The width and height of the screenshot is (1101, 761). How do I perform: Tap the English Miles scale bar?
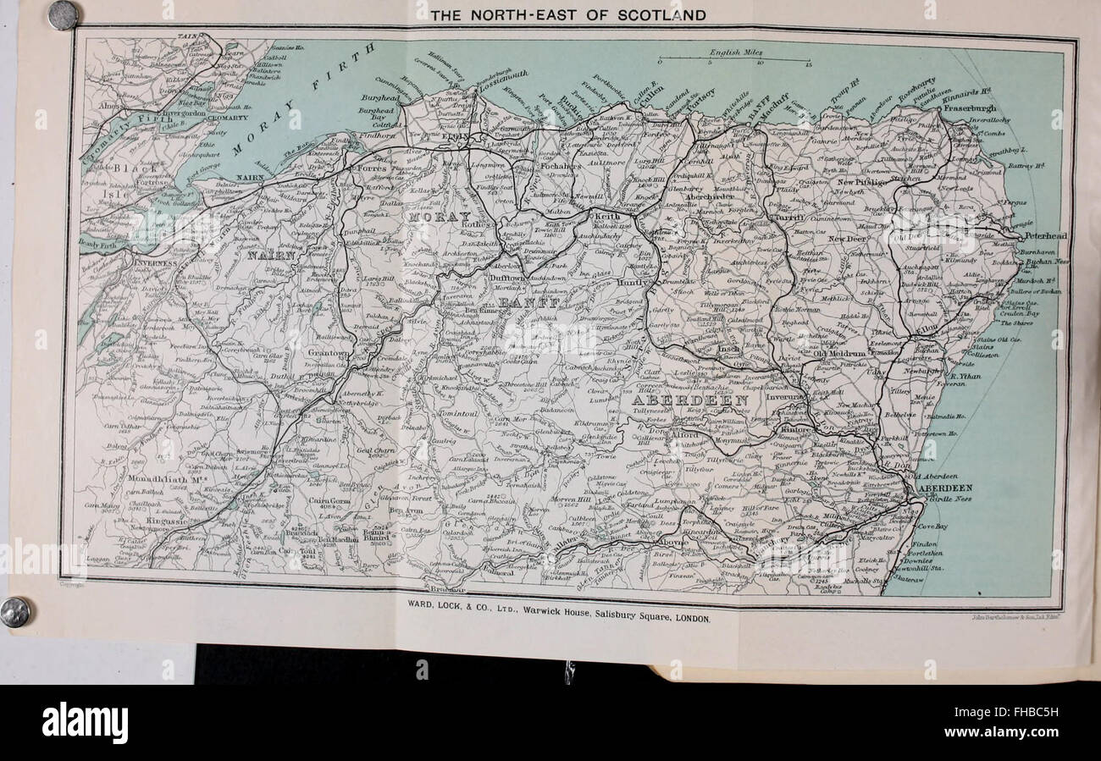[x=735, y=57]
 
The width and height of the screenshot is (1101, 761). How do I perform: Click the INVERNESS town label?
[x=153, y=263]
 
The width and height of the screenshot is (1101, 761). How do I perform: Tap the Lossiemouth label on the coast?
[x=505, y=85]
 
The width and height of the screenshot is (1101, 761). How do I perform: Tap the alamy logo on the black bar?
[x=85, y=723]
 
